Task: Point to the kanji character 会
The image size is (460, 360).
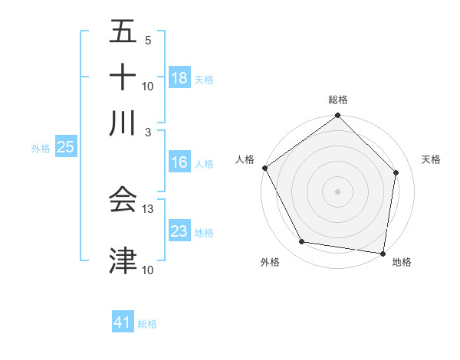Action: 123,199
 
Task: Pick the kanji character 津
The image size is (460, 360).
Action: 123,260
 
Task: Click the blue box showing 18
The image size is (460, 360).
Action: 179,78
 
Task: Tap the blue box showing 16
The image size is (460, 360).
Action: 179,162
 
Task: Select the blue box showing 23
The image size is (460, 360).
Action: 179,231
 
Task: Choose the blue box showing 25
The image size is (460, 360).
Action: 65,148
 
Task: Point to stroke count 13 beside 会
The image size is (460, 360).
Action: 148,208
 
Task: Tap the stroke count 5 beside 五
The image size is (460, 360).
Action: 148,40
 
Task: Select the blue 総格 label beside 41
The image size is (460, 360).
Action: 147,324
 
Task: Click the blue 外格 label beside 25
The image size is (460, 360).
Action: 41,149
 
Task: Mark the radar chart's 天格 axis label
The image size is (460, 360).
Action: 432,159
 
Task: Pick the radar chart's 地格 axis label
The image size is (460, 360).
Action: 402,263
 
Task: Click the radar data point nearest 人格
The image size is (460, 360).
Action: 265,168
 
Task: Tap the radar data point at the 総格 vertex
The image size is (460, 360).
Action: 337,116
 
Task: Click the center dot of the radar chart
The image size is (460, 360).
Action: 337,191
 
